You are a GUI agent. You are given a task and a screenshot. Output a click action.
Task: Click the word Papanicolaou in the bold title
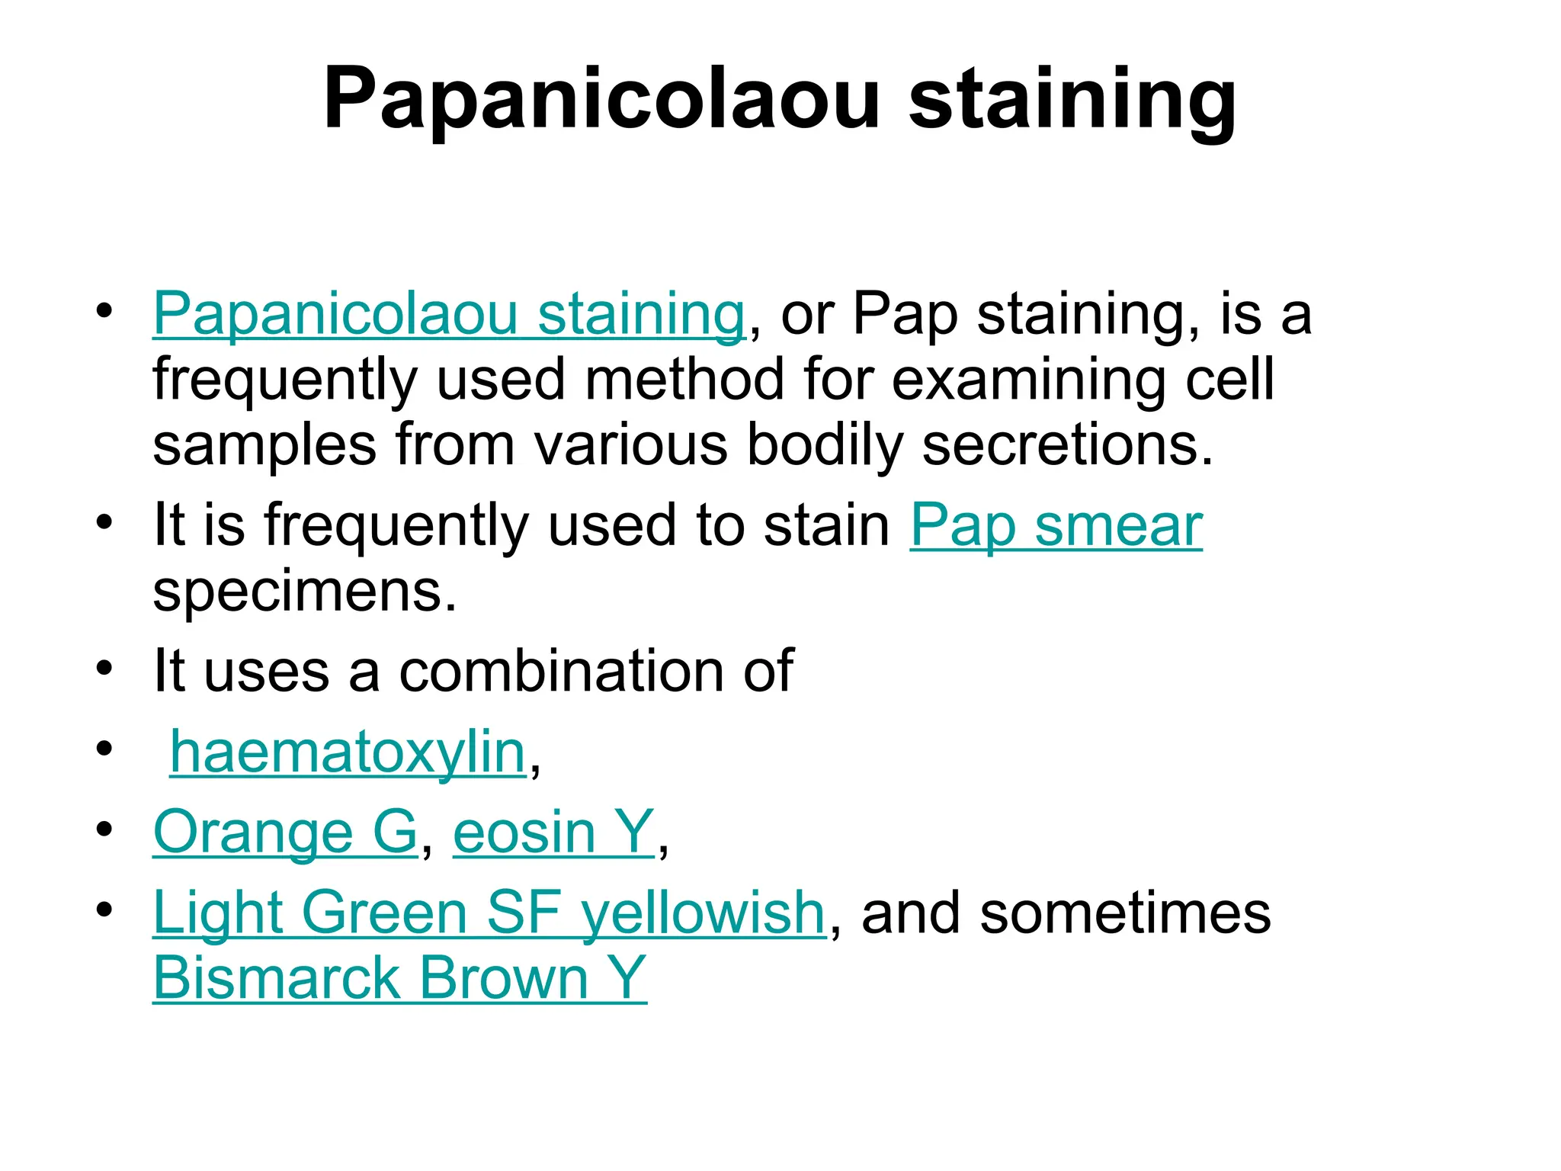coord(601,100)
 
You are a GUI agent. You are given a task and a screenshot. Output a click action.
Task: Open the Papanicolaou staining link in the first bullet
coord(448,313)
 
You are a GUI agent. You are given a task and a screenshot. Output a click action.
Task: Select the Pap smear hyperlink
coord(1056,525)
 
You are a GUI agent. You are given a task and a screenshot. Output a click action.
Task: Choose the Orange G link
coord(285,832)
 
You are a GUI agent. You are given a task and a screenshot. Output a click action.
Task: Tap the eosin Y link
coord(553,832)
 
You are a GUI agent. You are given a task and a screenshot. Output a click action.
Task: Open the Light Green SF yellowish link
coord(489,913)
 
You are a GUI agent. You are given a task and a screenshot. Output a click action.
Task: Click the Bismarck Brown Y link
coord(399,978)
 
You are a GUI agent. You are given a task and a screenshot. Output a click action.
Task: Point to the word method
coord(684,380)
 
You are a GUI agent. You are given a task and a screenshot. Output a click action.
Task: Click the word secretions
coord(1066,445)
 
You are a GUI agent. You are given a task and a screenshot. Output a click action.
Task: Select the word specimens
coord(304,592)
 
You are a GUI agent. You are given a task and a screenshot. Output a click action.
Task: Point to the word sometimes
coord(1125,913)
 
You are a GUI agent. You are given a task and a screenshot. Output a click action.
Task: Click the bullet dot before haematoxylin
coord(104,749)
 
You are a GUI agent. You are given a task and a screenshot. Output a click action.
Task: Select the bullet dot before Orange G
coord(104,829)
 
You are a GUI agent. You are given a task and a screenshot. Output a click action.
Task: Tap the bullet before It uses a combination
coord(104,669)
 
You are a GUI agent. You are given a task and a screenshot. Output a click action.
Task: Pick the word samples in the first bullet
coord(264,445)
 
